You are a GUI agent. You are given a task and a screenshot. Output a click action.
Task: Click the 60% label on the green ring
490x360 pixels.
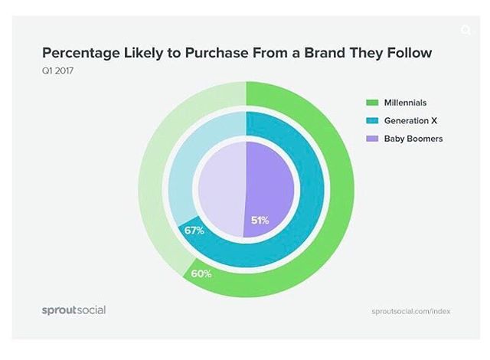(201, 273)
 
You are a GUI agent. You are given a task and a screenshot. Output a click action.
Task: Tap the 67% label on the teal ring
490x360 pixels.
(194, 230)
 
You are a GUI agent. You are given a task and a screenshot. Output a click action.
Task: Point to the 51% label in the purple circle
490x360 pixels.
(260, 221)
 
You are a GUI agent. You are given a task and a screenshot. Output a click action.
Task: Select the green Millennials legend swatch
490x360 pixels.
(373, 103)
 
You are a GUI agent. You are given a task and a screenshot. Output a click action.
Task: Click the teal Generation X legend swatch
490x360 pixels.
(373, 120)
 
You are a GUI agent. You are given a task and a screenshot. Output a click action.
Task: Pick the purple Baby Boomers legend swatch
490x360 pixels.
(373, 139)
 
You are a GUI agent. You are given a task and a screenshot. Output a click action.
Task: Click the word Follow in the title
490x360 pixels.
(408, 54)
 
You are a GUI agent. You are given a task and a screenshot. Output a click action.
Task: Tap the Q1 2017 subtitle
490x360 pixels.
(56, 71)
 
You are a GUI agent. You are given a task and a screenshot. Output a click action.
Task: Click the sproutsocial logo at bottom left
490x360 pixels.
(73, 310)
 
